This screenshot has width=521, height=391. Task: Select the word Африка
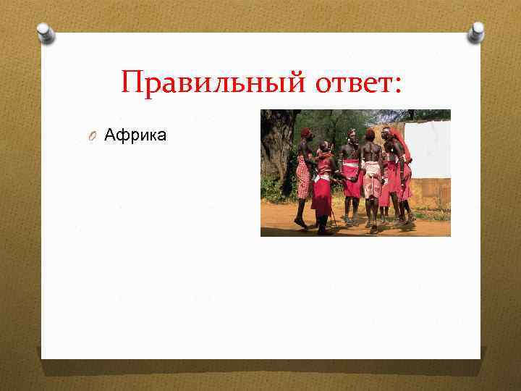135,135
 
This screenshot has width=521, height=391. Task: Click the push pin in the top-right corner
475,32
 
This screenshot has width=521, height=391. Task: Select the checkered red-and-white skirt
302,177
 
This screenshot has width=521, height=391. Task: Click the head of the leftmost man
305,134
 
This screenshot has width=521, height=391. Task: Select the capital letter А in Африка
110,135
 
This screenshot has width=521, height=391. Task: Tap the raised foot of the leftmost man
300,224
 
